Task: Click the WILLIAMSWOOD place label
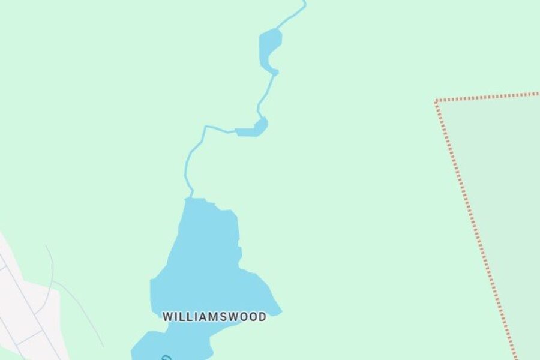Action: (x=214, y=317)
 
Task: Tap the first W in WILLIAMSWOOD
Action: (x=168, y=317)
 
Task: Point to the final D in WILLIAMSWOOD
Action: (x=262, y=317)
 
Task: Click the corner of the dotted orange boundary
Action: (x=436, y=103)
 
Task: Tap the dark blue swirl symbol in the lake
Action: (x=166, y=358)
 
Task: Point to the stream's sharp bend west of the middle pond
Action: (x=206, y=127)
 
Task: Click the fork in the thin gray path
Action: (x=53, y=281)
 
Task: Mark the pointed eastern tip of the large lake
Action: (x=280, y=312)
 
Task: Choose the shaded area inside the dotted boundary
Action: (x=510, y=210)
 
